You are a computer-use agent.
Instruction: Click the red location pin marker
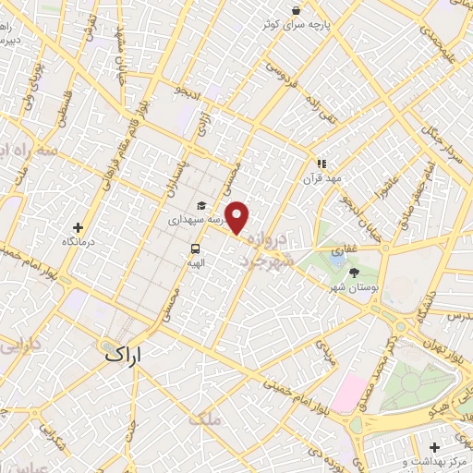(237, 217)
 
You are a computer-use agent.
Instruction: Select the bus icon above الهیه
(196, 249)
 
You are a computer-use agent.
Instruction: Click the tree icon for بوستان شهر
(355, 273)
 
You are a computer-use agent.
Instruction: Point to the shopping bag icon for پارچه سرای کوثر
(296, 11)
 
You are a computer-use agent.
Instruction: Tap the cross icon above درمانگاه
(78, 227)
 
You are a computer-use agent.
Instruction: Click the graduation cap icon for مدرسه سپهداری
(200, 207)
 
